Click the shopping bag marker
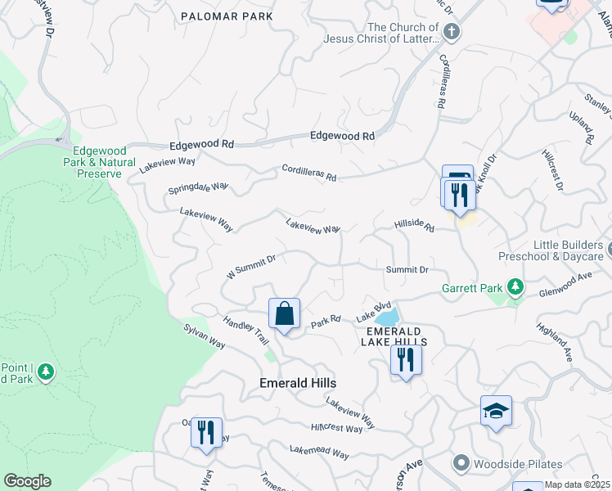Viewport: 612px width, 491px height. click(284, 313)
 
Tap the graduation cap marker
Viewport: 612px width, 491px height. click(496, 411)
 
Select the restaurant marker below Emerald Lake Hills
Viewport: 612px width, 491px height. click(406, 360)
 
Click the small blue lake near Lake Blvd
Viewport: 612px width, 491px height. click(385, 317)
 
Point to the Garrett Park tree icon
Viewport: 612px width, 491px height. click(515, 287)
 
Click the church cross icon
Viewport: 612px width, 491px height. click(452, 31)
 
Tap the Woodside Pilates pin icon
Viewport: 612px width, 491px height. click(461, 464)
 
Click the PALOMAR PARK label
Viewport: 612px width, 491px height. click(227, 16)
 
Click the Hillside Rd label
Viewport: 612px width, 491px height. click(413, 226)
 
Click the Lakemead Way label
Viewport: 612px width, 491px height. click(319, 453)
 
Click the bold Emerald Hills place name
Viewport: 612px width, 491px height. click(298, 383)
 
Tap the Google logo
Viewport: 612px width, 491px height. click(27, 481)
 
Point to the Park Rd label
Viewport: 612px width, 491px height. click(325, 323)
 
